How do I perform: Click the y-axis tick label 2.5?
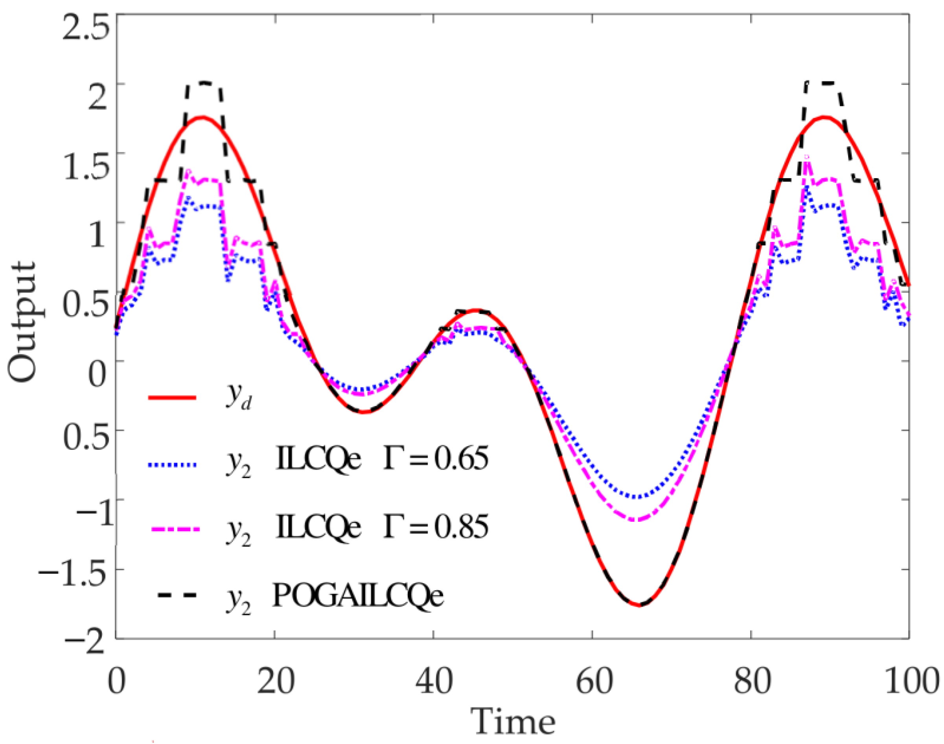[85, 27]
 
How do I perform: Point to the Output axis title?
[22, 322]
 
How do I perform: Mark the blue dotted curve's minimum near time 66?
[637, 497]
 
